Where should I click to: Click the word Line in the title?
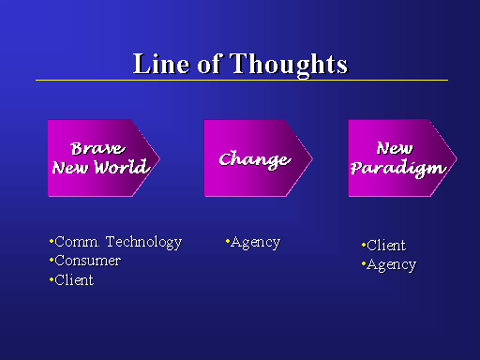coord(161,64)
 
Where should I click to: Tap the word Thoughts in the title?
coord(289,65)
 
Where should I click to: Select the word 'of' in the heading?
coord(210,64)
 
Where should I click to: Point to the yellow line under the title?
coord(242,81)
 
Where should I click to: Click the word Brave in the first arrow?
coord(97,148)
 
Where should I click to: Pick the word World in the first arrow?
coord(121,167)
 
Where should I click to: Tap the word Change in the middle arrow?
coord(255,160)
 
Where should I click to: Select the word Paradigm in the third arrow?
coord(398,168)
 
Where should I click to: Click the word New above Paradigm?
coord(395,148)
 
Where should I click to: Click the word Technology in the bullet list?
coord(143,242)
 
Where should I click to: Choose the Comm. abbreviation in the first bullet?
coord(77,242)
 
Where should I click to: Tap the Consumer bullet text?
coord(87,261)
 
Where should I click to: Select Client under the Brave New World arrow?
coord(74,280)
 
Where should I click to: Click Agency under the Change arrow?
coord(255,243)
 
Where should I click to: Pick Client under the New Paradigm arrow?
coord(386,246)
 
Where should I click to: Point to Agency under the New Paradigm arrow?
coord(391,265)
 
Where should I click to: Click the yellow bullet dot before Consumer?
coord(52,260)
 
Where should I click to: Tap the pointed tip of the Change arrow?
coord(312,158)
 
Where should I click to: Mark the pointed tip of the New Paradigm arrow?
coord(457,158)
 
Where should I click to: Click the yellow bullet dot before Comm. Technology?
coord(52,241)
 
